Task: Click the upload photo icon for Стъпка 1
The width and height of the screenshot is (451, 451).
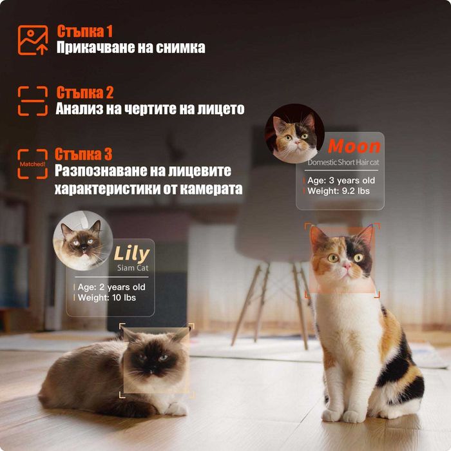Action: tap(32, 40)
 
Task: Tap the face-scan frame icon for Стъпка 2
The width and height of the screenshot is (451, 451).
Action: tap(32, 101)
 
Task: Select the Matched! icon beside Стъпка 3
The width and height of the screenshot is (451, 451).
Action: tap(32, 164)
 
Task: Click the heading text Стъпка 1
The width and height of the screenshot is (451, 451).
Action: tap(84, 31)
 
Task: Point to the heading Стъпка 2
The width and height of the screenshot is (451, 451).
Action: tap(85, 92)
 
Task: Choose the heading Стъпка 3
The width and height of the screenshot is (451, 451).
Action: tap(84, 154)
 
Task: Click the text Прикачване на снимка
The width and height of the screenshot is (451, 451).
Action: tap(131, 48)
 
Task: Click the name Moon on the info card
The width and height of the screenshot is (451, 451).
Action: tap(354, 146)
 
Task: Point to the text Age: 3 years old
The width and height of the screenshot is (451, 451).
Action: tap(341, 180)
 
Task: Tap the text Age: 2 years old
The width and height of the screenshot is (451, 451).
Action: tap(111, 287)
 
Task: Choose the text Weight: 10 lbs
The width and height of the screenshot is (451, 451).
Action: tap(106, 298)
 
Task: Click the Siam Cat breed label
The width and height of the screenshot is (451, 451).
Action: tap(133, 267)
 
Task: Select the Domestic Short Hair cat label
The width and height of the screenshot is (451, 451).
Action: tap(343, 162)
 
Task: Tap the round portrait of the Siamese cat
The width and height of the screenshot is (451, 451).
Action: tap(82, 240)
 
